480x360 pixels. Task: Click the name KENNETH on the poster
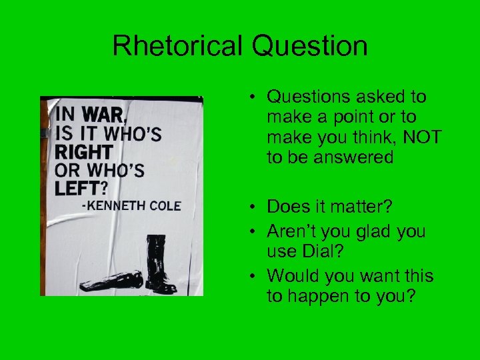pos(113,206)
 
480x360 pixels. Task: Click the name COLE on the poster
pos(164,206)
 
